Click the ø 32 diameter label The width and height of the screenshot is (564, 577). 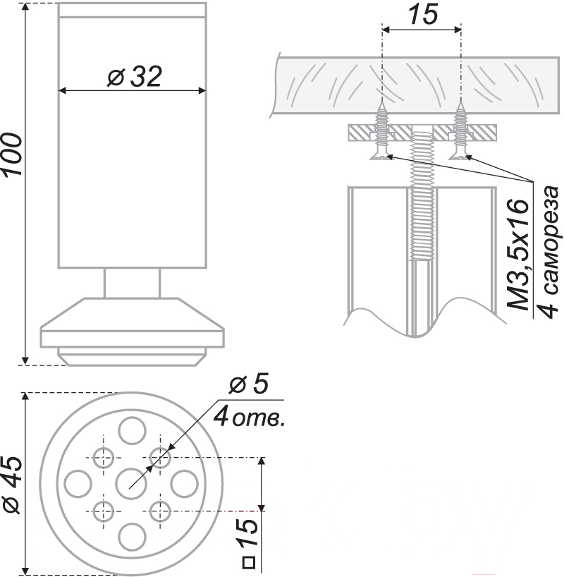point(134,77)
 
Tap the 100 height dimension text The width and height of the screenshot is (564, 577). point(12,154)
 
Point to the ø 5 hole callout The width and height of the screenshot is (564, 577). point(249,384)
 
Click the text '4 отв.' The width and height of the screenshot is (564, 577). point(250,417)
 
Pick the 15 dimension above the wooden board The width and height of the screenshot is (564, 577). point(423,15)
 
